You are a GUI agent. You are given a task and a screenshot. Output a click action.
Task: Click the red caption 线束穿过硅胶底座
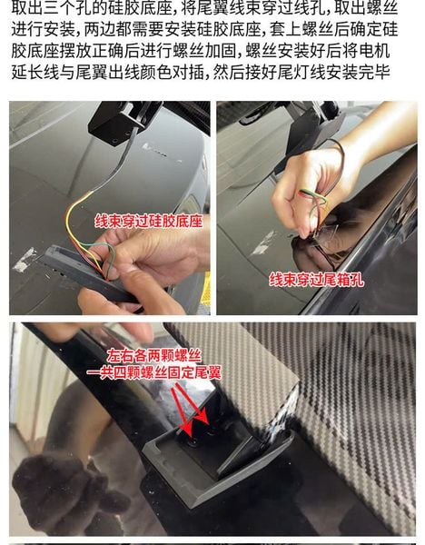[x=148, y=222]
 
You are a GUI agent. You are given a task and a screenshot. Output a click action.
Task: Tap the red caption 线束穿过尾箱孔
[x=317, y=280]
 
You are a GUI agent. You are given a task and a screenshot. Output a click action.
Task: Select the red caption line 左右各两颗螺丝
[x=153, y=356]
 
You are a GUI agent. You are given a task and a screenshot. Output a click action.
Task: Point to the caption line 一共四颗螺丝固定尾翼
[x=153, y=372]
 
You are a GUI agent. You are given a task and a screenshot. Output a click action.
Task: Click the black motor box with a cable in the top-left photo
[x=124, y=122]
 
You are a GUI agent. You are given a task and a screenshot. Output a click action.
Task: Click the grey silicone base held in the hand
[x=87, y=274]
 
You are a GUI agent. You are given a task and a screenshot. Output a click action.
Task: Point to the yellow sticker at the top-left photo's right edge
[x=206, y=289]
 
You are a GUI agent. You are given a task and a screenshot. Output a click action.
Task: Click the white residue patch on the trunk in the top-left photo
[x=25, y=260]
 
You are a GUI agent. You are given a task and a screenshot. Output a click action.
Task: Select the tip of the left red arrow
[x=191, y=436]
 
